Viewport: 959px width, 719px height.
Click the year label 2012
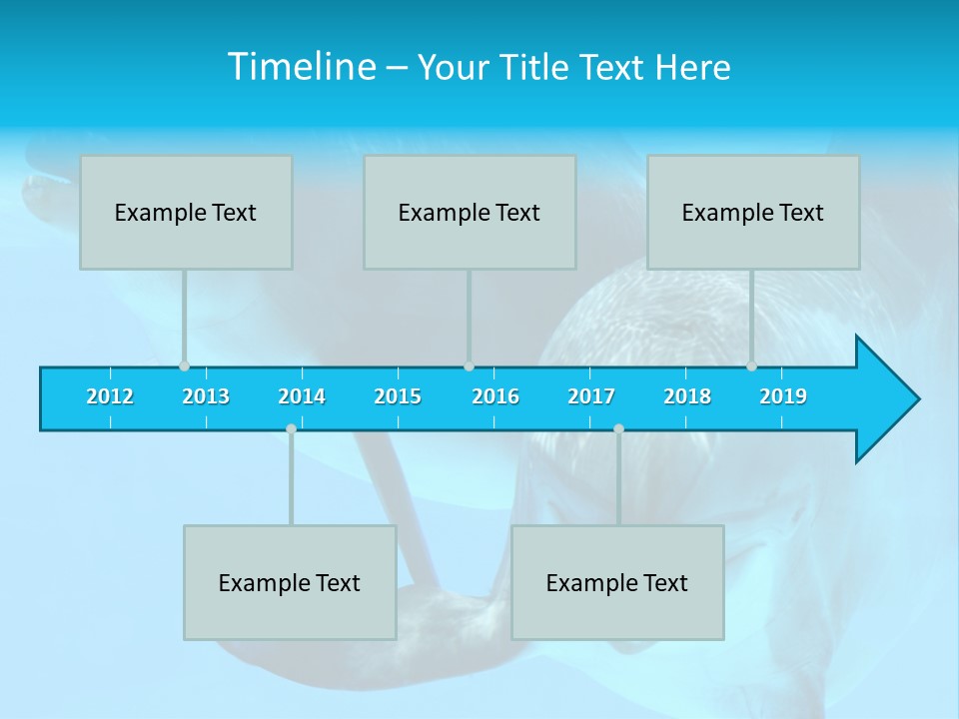pos(110,397)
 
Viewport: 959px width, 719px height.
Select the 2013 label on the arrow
pos(206,397)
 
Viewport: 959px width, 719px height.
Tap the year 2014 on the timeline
pos(302,397)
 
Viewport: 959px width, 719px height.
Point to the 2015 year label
pos(398,397)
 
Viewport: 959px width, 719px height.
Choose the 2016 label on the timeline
pos(495,397)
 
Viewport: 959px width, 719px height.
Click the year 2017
pos(591,397)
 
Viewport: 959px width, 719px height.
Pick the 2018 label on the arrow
pos(687,397)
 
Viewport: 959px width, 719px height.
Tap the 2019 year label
pos(783,397)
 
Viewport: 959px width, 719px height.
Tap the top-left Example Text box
pos(186,212)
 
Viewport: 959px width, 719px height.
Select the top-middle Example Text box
pos(470,212)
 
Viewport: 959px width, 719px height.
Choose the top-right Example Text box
pos(753,212)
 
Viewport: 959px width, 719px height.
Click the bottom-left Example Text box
pos(290,582)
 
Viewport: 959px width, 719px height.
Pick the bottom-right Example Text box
pos(617,582)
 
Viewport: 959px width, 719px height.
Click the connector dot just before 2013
pos(184,366)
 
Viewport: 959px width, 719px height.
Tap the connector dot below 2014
pos(291,428)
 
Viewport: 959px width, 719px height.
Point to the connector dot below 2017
pos(618,428)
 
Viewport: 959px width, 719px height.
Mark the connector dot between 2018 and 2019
pos(751,366)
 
